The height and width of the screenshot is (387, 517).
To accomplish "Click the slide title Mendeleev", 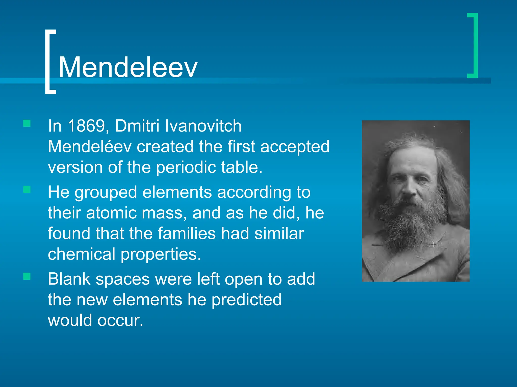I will tap(128, 67).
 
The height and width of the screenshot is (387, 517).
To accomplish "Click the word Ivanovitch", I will tap(203, 126).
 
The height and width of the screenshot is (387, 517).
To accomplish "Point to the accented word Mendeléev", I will tap(90, 146).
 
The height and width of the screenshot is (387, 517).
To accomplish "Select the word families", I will tap(187, 233).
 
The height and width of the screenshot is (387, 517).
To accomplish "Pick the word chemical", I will tap(82, 254).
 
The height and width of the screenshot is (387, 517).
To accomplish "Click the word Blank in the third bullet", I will tap(69, 279).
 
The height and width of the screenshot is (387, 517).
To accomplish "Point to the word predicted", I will tap(246, 300).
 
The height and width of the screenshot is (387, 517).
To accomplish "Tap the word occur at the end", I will tap(120, 320).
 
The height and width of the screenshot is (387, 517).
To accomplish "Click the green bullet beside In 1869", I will tap(27, 123).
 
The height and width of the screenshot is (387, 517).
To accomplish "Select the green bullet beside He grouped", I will tap(27, 189).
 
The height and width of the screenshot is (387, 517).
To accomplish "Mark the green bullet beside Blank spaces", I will tap(27, 276).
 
